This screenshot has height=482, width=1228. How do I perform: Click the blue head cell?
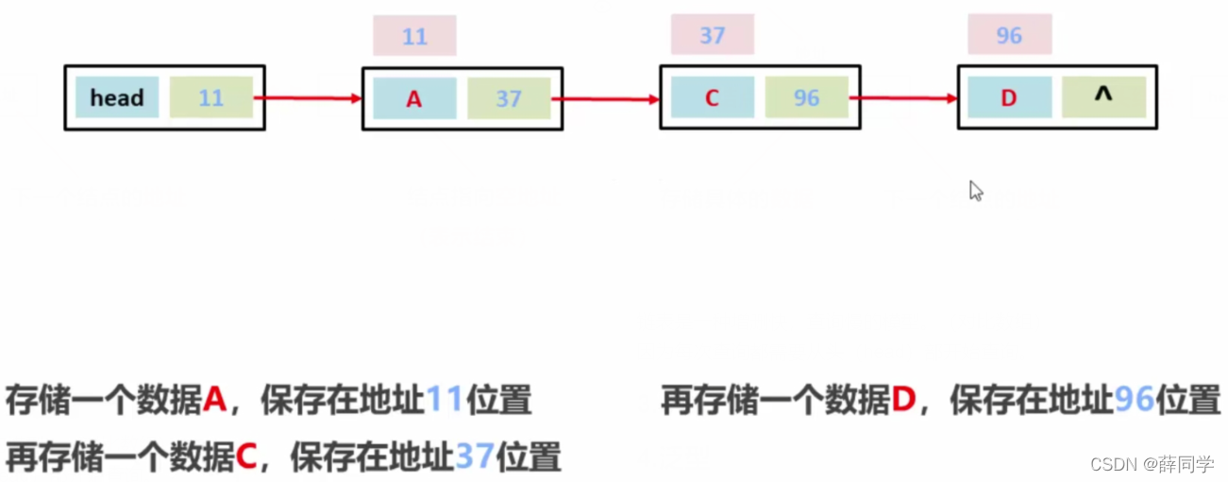[117, 97]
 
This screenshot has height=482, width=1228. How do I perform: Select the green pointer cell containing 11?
[211, 97]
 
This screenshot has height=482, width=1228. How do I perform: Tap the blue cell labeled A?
[414, 98]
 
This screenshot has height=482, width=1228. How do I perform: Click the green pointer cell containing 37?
[509, 98]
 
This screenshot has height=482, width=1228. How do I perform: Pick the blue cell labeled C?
[712, 97]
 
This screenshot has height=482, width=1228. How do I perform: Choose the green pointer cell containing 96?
[806, 97]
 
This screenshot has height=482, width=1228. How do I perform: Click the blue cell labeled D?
[1009, 97]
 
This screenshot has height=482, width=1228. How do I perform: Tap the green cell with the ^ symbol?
[1103, 97]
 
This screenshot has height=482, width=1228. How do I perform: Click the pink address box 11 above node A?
[414, 36]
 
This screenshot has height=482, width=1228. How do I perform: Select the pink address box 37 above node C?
[713, 35]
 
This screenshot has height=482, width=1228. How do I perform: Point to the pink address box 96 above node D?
[1009, 36]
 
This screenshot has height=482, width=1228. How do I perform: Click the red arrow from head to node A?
[308, 97]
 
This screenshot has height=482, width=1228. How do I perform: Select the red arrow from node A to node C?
[606, 98]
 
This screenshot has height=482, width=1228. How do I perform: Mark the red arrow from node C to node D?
[903, 97]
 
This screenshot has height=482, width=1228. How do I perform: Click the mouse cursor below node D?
[976, 191]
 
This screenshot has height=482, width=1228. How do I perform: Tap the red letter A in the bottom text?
[215, 401]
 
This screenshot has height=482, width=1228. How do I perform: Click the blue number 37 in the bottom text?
[475, 457]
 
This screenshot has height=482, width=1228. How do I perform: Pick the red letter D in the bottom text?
[903, 401]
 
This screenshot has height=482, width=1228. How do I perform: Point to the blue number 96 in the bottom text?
[1134, 401]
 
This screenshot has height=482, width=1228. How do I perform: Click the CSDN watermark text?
[1152, 464]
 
